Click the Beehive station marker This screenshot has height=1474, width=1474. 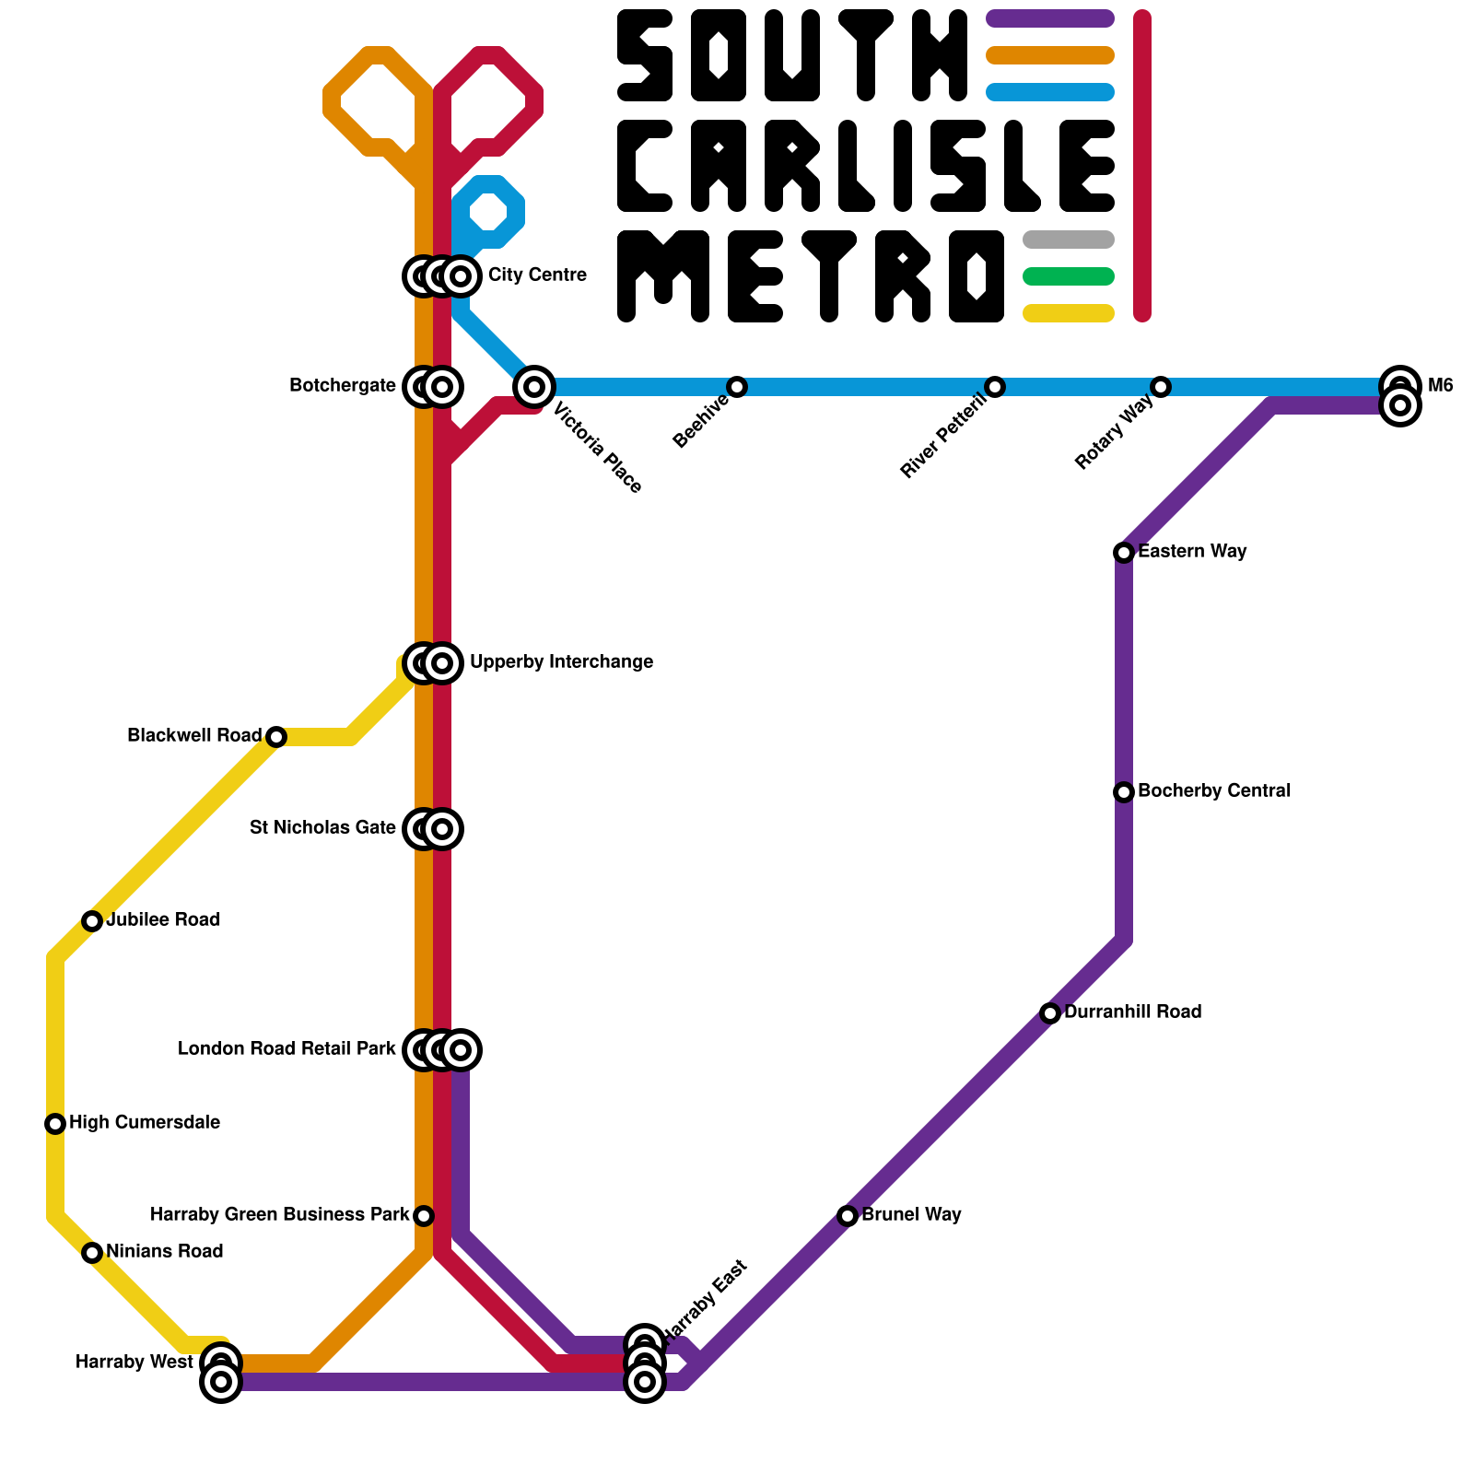coord(737,386)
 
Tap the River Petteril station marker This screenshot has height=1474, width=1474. coord(995,386)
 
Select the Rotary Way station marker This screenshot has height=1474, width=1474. coord(1161,386)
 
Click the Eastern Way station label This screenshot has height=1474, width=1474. coord(1192,552)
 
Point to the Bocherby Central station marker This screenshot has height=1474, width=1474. coord(1124,792)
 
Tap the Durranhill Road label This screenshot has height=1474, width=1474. coord(1132,1012)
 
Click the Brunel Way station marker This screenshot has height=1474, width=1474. coord(848,1216)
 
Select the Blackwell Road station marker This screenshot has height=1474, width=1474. coord(276,737)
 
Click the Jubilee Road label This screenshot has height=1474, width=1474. coord(163,920)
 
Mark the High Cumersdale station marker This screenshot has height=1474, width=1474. coord(55,1124)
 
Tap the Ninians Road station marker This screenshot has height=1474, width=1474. coord(92,1253)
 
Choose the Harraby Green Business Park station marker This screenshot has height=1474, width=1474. coord(424,1216)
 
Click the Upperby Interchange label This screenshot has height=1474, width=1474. coord(561,662)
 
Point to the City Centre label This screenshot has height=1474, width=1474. coord(537,275)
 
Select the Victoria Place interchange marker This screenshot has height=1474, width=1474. coord(534,386)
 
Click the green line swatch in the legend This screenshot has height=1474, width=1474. coord(1069,276)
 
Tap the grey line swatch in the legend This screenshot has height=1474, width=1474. coord(1069,240)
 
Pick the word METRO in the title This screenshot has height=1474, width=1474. coord(811,276)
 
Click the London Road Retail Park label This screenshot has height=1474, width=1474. coord(287,1049)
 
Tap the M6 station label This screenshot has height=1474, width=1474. coord(1440,386)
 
